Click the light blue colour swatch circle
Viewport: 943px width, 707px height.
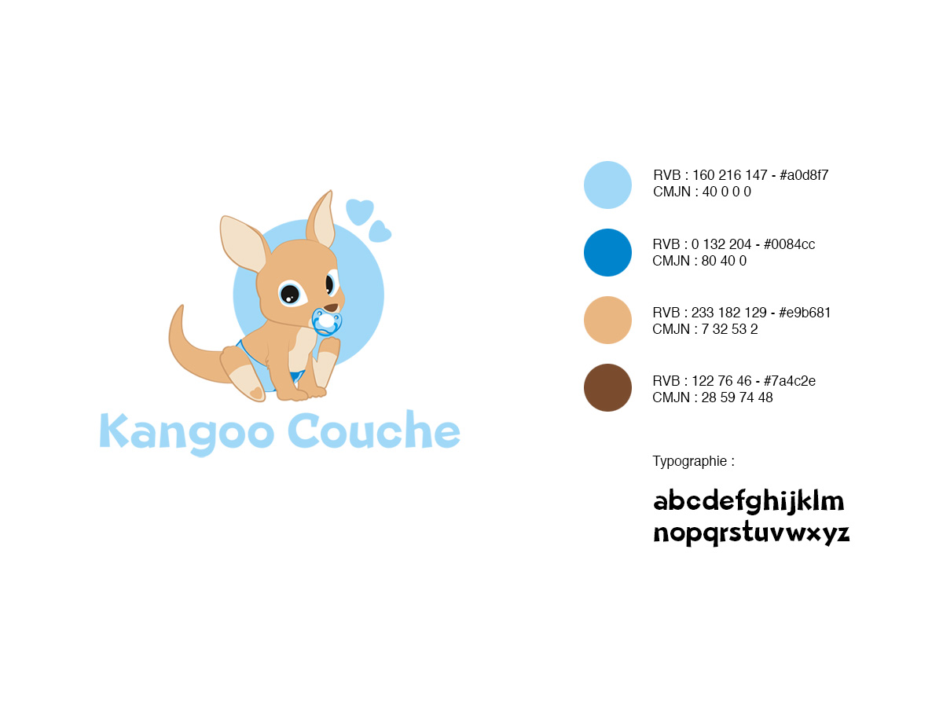607,185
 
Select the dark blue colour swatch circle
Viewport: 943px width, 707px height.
607,252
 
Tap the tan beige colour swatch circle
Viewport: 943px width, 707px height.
607,320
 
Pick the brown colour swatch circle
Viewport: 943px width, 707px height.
607,387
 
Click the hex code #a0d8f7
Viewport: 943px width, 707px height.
804,175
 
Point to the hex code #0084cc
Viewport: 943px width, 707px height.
789,244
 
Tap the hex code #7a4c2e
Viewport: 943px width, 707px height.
790,381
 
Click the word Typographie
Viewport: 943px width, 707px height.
689,461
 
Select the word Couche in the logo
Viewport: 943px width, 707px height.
374,430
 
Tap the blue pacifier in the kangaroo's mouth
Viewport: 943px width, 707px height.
326,321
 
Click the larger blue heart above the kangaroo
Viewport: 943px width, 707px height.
360,211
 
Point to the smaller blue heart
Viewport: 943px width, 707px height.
380,233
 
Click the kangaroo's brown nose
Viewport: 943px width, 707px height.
331,308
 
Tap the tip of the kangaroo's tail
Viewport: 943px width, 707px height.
182,306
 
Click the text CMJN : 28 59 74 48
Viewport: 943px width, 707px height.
712,397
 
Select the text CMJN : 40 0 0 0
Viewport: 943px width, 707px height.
702,192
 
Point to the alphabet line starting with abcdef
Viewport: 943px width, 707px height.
748,501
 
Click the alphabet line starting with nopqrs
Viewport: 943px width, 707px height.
751,533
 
